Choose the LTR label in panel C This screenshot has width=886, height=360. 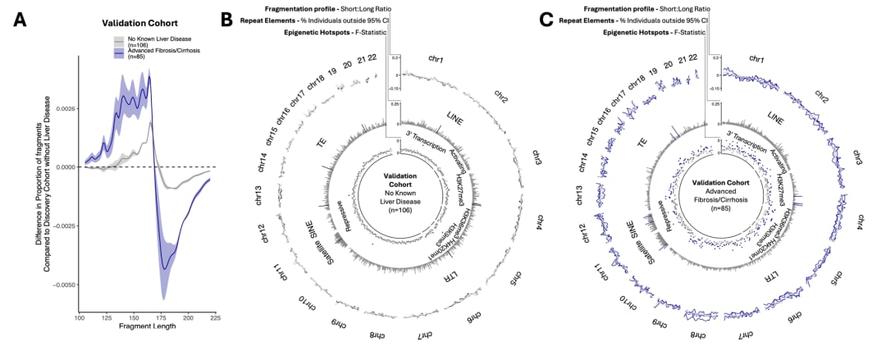click(x=770, y=278)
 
